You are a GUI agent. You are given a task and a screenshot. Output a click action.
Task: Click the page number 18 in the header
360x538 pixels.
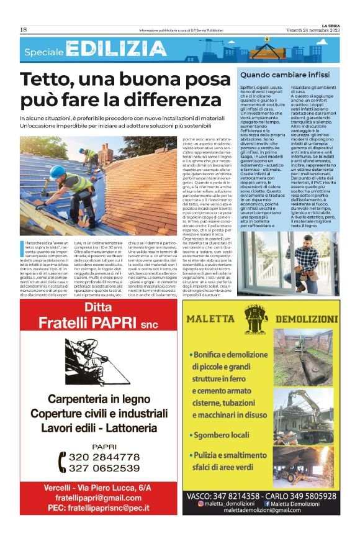[24, 29]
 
